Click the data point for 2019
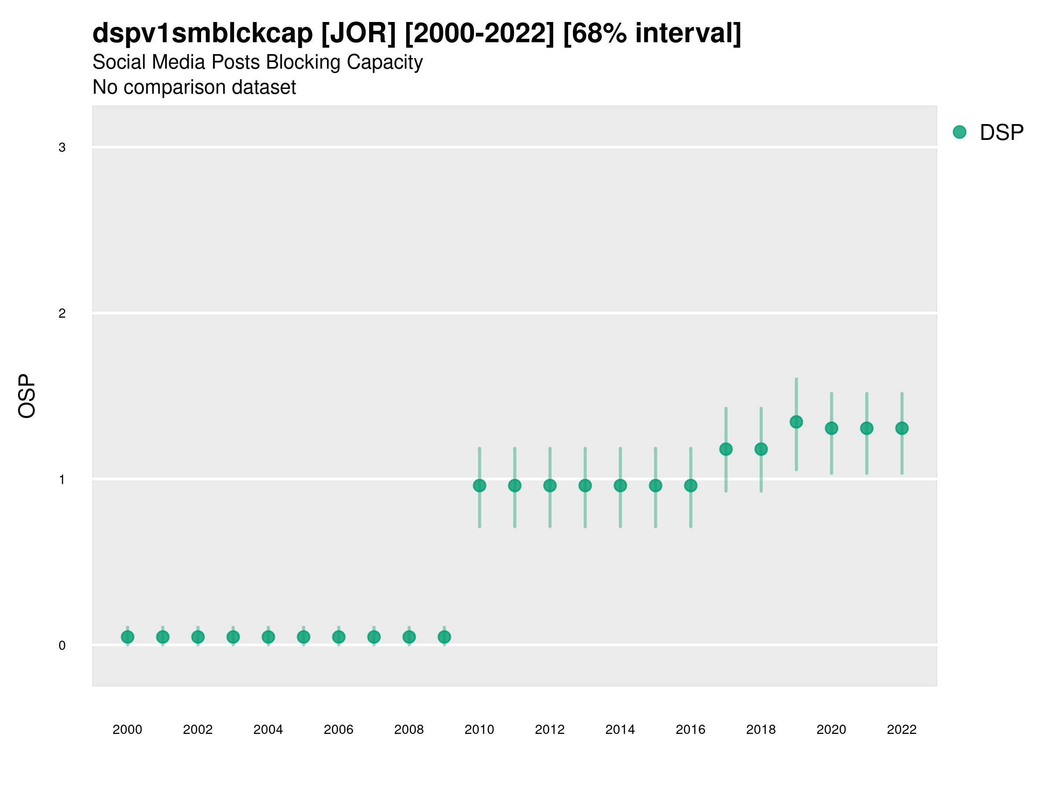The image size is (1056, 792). coord(796,422)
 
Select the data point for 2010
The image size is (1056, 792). coord(479,485)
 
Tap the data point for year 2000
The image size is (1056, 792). coord(128,637)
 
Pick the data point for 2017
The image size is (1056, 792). coord(726,449)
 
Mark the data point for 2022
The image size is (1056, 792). coord(902,428)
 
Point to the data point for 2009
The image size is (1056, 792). coord(444,637)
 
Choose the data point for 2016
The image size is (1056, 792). coord(691,485)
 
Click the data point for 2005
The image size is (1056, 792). coord(304,637)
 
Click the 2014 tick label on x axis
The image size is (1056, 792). coord(620,730)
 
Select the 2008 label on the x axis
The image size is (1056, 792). coord(409,730)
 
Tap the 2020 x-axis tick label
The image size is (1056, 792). coord(831,730)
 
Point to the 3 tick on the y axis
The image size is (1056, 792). coord(62,147)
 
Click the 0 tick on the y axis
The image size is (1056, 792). coord(62,645)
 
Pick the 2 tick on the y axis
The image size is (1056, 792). coord(62,314)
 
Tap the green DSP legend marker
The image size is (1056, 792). coord(960,132)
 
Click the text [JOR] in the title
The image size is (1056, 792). coord(359,33)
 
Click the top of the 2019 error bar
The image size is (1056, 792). coord(796,379)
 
